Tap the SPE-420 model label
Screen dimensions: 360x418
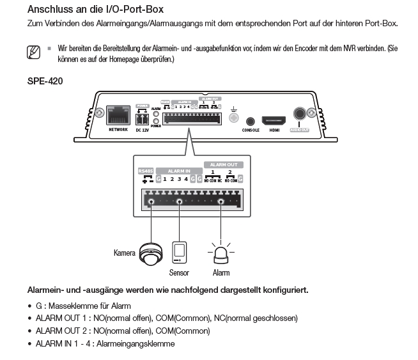[45, 81]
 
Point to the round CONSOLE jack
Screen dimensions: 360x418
[251, 120]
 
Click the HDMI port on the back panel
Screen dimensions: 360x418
[274, 120]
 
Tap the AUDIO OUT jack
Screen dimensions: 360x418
[298, 114]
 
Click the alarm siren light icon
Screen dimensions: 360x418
[221, 253]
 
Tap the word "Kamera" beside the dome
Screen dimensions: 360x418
[125, 253]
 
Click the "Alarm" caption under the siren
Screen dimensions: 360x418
[221, 273]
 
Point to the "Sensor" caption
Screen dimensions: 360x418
[179, 273]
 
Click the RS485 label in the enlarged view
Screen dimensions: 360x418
[146, 171]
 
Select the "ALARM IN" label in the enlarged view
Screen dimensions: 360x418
[178, 171]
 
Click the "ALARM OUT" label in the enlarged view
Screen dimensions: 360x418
[223, 164]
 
